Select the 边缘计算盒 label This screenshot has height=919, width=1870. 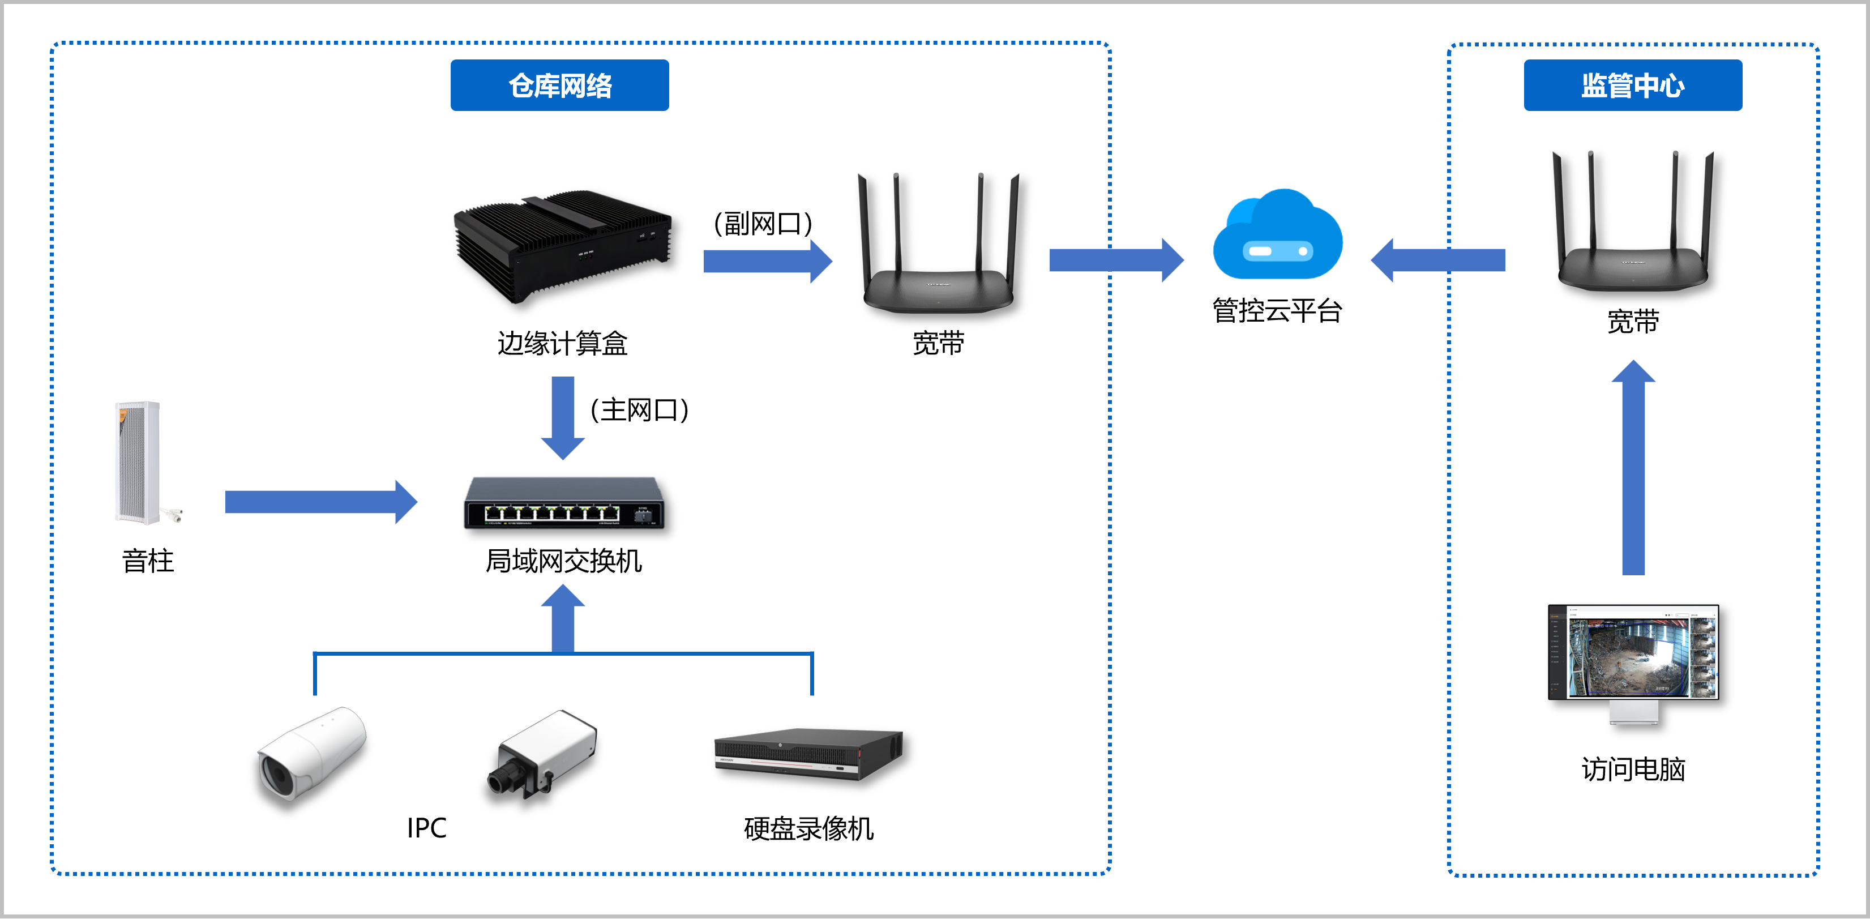tap(563, 343)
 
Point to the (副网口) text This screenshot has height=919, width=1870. tap(763, 224)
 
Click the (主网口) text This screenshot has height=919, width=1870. tap(639, 410)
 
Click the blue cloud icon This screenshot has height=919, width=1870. tap(1278, 236)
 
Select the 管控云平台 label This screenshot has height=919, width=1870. tap(1278, 311)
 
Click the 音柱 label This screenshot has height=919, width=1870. tap(148, 561)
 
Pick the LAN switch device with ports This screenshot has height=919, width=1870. tap(564, 503)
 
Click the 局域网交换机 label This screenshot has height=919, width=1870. tap(564, 561)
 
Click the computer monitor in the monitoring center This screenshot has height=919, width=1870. tap(1633, 653)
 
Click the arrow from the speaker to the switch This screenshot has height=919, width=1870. tap(320, 502)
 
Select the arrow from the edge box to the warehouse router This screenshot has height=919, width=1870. tap(767, 260)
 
